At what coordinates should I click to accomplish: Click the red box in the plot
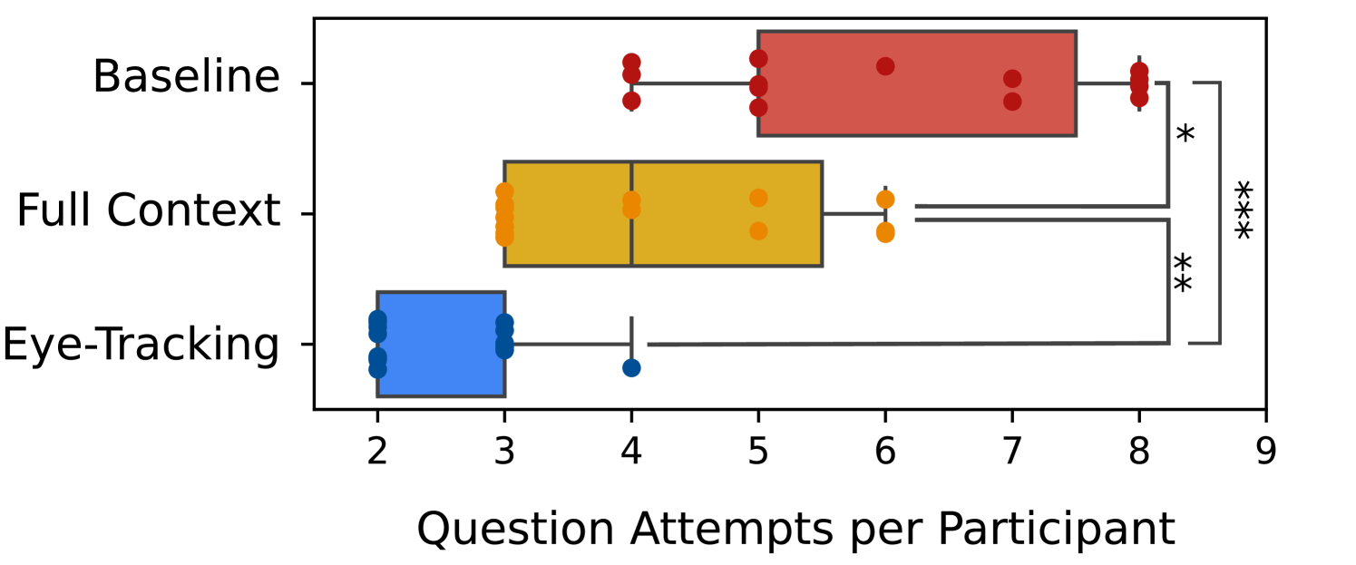coord(916,83)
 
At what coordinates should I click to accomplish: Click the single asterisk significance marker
coord(1185,134)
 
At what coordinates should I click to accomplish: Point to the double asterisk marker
coord(1183,272)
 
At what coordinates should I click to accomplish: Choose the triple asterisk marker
coord(1243,209)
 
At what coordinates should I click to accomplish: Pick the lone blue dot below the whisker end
coord(631,367)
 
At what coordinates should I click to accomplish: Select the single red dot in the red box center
coord(885,66)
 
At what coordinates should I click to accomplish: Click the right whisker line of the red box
coord(1107,83)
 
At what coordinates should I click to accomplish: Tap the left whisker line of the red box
coord(695,83)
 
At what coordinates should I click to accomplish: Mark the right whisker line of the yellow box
coord(853,214)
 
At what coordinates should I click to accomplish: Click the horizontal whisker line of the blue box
coord(567,344)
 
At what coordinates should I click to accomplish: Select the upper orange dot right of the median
coord(758,198)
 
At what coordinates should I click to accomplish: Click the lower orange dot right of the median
coord(758,231)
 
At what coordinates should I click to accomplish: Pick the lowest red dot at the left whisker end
coord(631,101)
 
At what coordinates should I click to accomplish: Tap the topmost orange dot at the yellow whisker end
coord(885,199)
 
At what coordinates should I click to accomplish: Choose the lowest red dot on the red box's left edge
coord(758,108)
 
